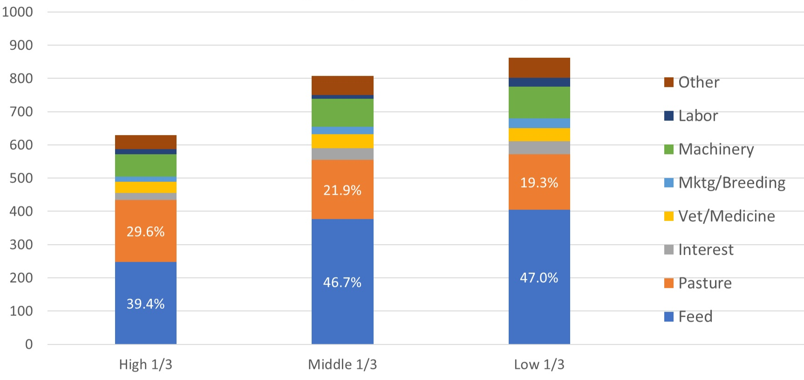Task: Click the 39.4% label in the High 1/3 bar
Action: (x=145, y=304)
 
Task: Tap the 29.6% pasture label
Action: (x=145, y=232)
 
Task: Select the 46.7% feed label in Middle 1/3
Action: (x=342, y=283)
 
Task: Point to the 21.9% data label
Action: (x=342, y=190)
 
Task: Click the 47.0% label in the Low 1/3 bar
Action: (x=539, y=278)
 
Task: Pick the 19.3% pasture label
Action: (x=539, y=183)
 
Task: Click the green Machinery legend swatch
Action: (x=668, y=149)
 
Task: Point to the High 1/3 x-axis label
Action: (x=145, y=364)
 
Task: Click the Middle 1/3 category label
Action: (x=342, y=364)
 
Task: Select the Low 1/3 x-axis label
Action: (x=539, y=364)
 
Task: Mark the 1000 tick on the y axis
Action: (x=18, y=12)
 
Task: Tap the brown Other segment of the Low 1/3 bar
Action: (x=539, y=68)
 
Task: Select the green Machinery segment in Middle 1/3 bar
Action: (x=342, y=112)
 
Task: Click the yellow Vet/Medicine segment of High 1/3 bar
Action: (x=145, y=187)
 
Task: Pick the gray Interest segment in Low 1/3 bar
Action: (x=539, y=147)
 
